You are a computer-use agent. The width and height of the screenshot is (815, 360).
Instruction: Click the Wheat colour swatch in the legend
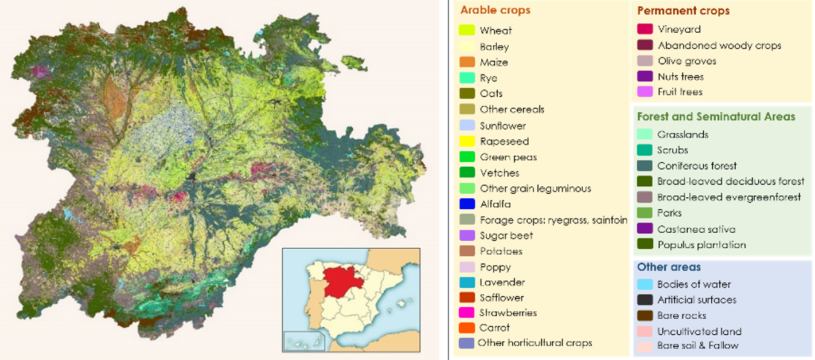(467, 30)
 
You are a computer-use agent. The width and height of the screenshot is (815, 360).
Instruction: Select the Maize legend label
(494, 62)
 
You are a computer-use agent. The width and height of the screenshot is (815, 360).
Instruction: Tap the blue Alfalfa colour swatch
(467, 204)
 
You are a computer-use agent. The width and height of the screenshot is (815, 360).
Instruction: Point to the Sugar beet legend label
(506, 235)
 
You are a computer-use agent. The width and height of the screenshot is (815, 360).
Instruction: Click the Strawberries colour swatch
(467, 313)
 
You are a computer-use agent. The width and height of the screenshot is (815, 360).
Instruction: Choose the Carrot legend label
(494, 328)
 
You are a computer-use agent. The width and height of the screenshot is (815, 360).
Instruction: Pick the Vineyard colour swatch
(645, 29)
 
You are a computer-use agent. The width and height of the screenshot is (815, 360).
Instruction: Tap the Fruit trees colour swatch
(645, 92)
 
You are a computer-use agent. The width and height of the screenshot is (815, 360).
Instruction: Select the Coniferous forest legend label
(697, 166)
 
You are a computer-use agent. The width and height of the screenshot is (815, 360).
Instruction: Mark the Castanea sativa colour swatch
(645, 229)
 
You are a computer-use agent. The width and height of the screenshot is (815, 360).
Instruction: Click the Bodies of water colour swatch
(645, 284)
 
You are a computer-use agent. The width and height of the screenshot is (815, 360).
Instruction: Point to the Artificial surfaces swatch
(645, 300)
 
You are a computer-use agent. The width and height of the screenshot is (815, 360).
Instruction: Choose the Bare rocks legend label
(681, 315)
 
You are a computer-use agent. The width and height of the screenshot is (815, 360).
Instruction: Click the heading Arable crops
(496, 10)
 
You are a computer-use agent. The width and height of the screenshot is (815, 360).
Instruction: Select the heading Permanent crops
(683, 11)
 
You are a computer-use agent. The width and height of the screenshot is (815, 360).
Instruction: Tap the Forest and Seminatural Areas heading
(716, 117)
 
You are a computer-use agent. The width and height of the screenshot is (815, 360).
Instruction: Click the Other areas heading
(669, 267)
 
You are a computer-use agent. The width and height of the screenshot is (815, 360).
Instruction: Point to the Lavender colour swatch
(467, 282)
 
